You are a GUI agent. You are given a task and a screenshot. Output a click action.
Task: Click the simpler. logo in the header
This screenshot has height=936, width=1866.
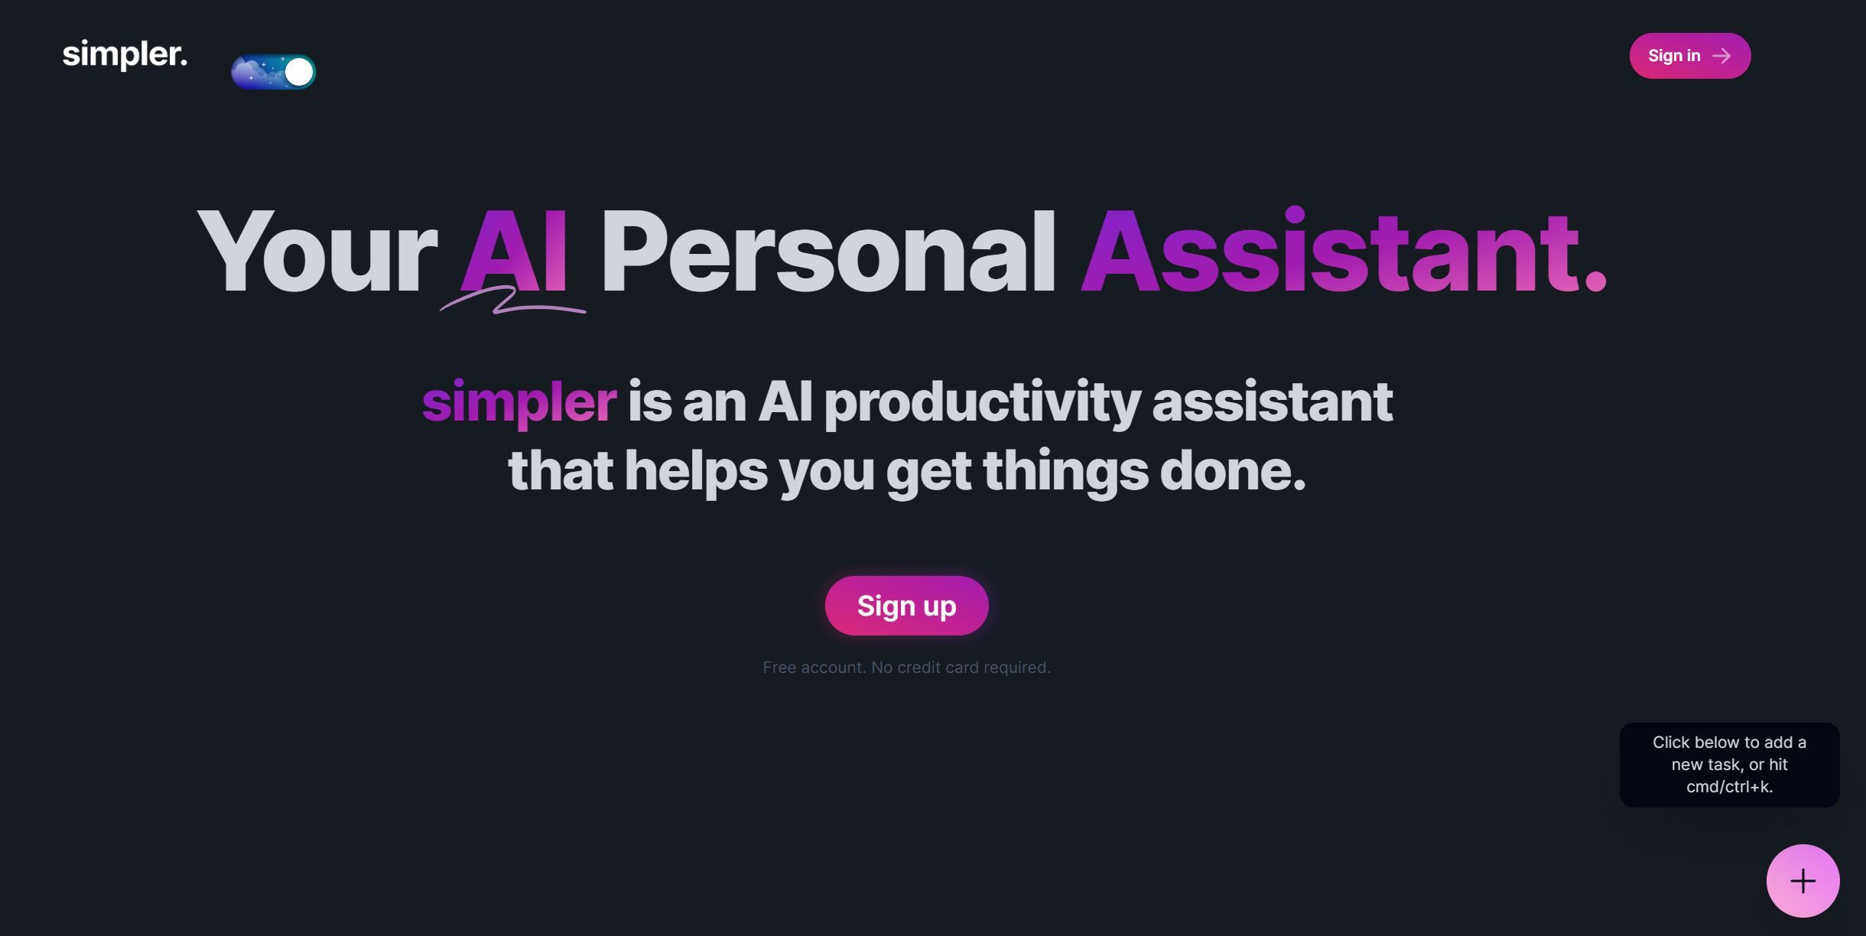click(125, 55)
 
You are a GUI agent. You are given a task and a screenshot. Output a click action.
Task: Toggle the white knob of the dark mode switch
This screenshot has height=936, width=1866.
click(298, 72)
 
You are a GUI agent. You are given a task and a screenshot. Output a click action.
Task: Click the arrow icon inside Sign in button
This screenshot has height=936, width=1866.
click(1721, 56)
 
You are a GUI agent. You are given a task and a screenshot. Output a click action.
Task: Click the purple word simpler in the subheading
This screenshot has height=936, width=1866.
click(519, 402)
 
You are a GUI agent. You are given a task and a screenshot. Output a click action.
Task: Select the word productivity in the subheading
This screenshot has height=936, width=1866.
click(982, 402)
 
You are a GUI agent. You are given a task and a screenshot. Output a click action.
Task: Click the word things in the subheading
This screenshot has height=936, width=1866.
click(1065, 471)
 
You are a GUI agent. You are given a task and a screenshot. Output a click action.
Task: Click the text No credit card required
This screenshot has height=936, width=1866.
click(961, 668)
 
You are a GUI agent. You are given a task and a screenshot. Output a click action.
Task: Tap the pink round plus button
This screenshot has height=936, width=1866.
click(1803, 881)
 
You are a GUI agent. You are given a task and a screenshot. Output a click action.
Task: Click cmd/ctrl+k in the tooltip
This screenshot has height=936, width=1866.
click(1729, 787)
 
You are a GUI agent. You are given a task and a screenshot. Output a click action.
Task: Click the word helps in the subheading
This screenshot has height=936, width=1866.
click(696, 471)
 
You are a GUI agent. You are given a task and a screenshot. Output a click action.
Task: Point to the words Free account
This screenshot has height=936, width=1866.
click(814, 668)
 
